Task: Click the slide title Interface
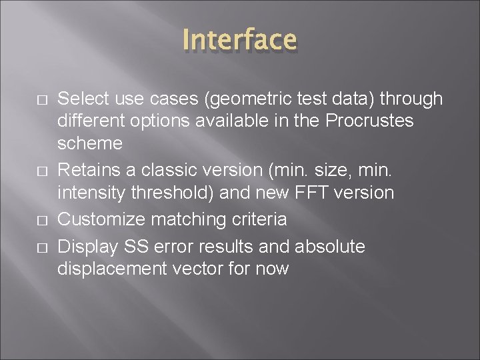point(240,39)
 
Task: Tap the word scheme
point(90,144)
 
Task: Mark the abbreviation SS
point(137,247)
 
